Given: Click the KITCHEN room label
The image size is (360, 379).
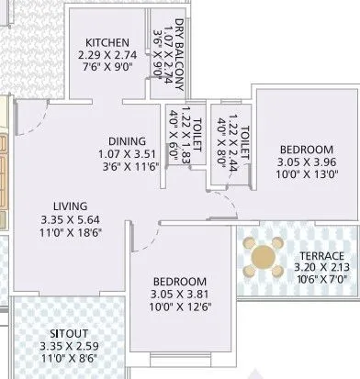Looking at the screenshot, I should click(x=107, y=41).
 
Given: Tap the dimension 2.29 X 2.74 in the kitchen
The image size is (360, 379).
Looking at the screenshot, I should click(x=107, y=54).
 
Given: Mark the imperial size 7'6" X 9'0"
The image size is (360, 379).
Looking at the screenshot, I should click(x=107, y=66).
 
